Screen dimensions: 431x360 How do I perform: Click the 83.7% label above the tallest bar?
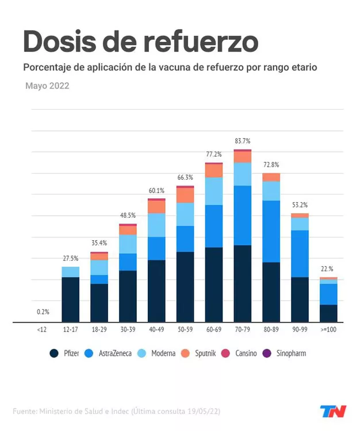click(243, 141)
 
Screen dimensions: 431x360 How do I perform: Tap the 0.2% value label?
click(43, 312)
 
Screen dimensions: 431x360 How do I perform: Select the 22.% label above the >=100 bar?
click(327, 269)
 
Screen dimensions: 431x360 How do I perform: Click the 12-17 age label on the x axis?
click(70, 331)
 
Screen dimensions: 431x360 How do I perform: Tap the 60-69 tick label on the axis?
click(214, 331)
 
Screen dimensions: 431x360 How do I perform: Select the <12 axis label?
click(42, 331)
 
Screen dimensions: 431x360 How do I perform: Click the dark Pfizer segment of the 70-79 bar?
click(243, 283)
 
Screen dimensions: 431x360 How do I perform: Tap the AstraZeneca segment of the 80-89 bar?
click(271, 231)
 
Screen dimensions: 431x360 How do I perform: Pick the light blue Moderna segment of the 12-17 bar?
click(70, 272)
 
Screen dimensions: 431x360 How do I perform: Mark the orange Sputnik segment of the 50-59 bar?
click(185, 195)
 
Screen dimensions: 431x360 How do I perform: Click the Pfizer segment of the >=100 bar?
click(328, 313)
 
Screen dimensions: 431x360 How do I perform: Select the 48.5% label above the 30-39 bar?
click(128, 215)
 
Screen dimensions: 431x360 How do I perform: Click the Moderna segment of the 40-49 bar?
click(156, 225)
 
